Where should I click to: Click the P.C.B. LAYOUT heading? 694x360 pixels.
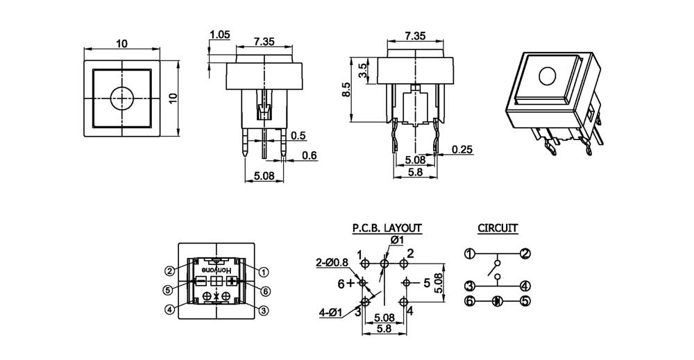pos(386,227)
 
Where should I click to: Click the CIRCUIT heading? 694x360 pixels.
pos(498,227)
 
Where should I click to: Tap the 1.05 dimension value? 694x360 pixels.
pos(219,34)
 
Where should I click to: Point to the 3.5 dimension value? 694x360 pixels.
pos(362,70)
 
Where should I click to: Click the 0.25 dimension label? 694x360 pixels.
pos(462,149)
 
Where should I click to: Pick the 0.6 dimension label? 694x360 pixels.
pos(310,155)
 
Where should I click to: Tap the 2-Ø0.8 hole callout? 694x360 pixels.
pos(332,262)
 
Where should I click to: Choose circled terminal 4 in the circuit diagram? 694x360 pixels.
pos(525,285)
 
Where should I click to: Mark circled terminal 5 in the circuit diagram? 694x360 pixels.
pos(525,301)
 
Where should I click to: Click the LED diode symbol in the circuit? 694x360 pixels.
pos(497,301)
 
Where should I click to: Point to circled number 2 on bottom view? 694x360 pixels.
pos(169,271)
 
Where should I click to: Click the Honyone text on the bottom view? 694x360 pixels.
pos(216,269)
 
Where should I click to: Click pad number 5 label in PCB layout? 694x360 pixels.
pos(427,283)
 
